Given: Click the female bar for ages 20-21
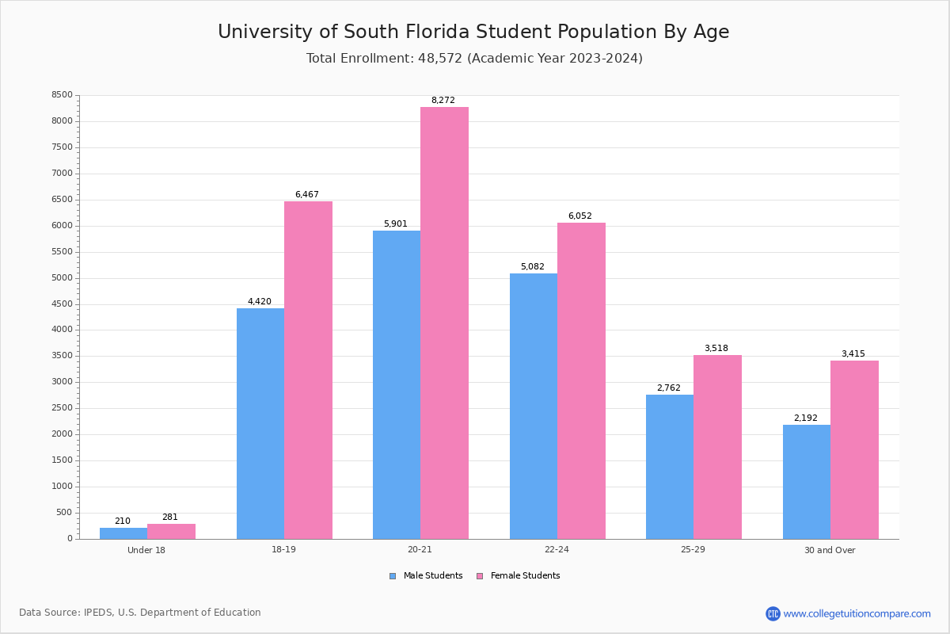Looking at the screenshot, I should click(444, 323).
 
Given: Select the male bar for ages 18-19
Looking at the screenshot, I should click(260, 423).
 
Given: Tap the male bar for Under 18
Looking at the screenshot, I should click(123, 533).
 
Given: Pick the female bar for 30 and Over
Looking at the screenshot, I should click(854, 449).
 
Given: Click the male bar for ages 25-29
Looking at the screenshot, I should click(670, 467).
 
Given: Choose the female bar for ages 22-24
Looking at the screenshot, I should click(581, 380).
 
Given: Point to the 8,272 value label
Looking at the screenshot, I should click(443, 101).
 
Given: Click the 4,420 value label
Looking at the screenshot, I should click(259, 302).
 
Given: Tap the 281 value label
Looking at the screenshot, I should click(170, 518).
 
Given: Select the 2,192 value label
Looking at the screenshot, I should click(806, 418).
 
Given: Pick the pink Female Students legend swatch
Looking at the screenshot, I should click(480, 576).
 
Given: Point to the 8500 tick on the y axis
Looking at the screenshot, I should click(62, 95).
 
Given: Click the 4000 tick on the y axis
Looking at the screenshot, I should click(62, 330).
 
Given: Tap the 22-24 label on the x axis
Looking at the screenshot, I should click(557, 550).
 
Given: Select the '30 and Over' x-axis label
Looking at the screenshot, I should click(830, 550).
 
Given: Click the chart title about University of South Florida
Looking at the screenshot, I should click(473, 32).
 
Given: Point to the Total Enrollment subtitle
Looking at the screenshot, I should click(474, 59).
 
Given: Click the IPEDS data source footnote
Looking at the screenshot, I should click(140, 613).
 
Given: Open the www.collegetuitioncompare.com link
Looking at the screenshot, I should click(857, 613).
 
